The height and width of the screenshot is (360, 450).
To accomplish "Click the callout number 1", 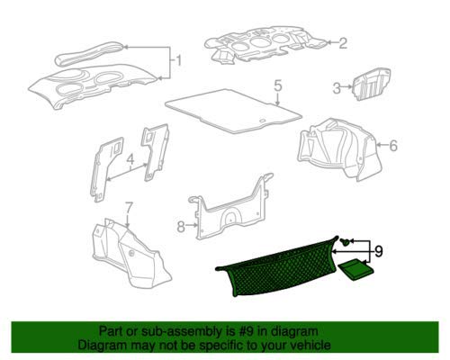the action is (x=179, y=61).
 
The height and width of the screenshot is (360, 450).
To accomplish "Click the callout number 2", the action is (x=343, y=43).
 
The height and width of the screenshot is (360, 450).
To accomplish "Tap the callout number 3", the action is (x=337, y=88).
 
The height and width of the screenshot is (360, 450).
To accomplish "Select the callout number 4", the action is (x=130, y=159).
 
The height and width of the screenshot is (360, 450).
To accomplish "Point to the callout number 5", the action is (x=278, y=85).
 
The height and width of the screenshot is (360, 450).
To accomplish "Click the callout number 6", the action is (x=393, y=146).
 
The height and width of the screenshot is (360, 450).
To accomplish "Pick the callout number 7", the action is (x=128, y=208).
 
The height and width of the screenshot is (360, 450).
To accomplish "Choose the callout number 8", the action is (x=181, y=227).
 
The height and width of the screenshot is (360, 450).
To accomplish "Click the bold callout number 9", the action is (x=379, y=251).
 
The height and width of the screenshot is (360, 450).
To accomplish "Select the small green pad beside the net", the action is (x=356, y=271).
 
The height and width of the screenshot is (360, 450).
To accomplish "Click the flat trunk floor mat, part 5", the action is (x=233, y=111).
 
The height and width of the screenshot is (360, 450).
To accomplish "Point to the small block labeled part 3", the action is (x=372, y=85).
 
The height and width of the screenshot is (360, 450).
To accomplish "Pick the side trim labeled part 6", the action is (x=339, y=149).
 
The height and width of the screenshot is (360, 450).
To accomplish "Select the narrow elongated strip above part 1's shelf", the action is (x=89, y=54).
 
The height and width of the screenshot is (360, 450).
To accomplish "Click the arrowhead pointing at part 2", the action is (x=328, y=42).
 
